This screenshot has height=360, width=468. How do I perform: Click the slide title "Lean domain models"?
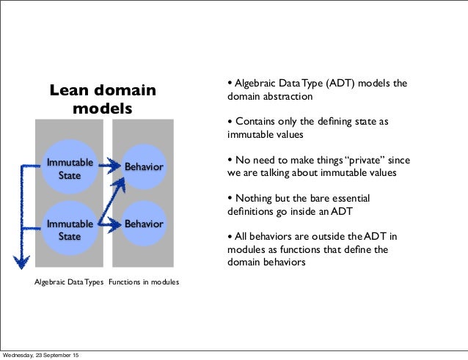point(103,100)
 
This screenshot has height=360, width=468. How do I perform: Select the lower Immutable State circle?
point(70,229)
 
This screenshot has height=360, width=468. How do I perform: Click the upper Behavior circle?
point(143,168)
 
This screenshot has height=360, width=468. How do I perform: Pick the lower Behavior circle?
point(143,223)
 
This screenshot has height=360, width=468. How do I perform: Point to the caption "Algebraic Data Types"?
point(70,282)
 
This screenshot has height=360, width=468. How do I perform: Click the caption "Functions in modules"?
point(144,282)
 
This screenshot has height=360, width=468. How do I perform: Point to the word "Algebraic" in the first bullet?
point(257,84)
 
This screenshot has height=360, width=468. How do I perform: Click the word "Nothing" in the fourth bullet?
point(253,199)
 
